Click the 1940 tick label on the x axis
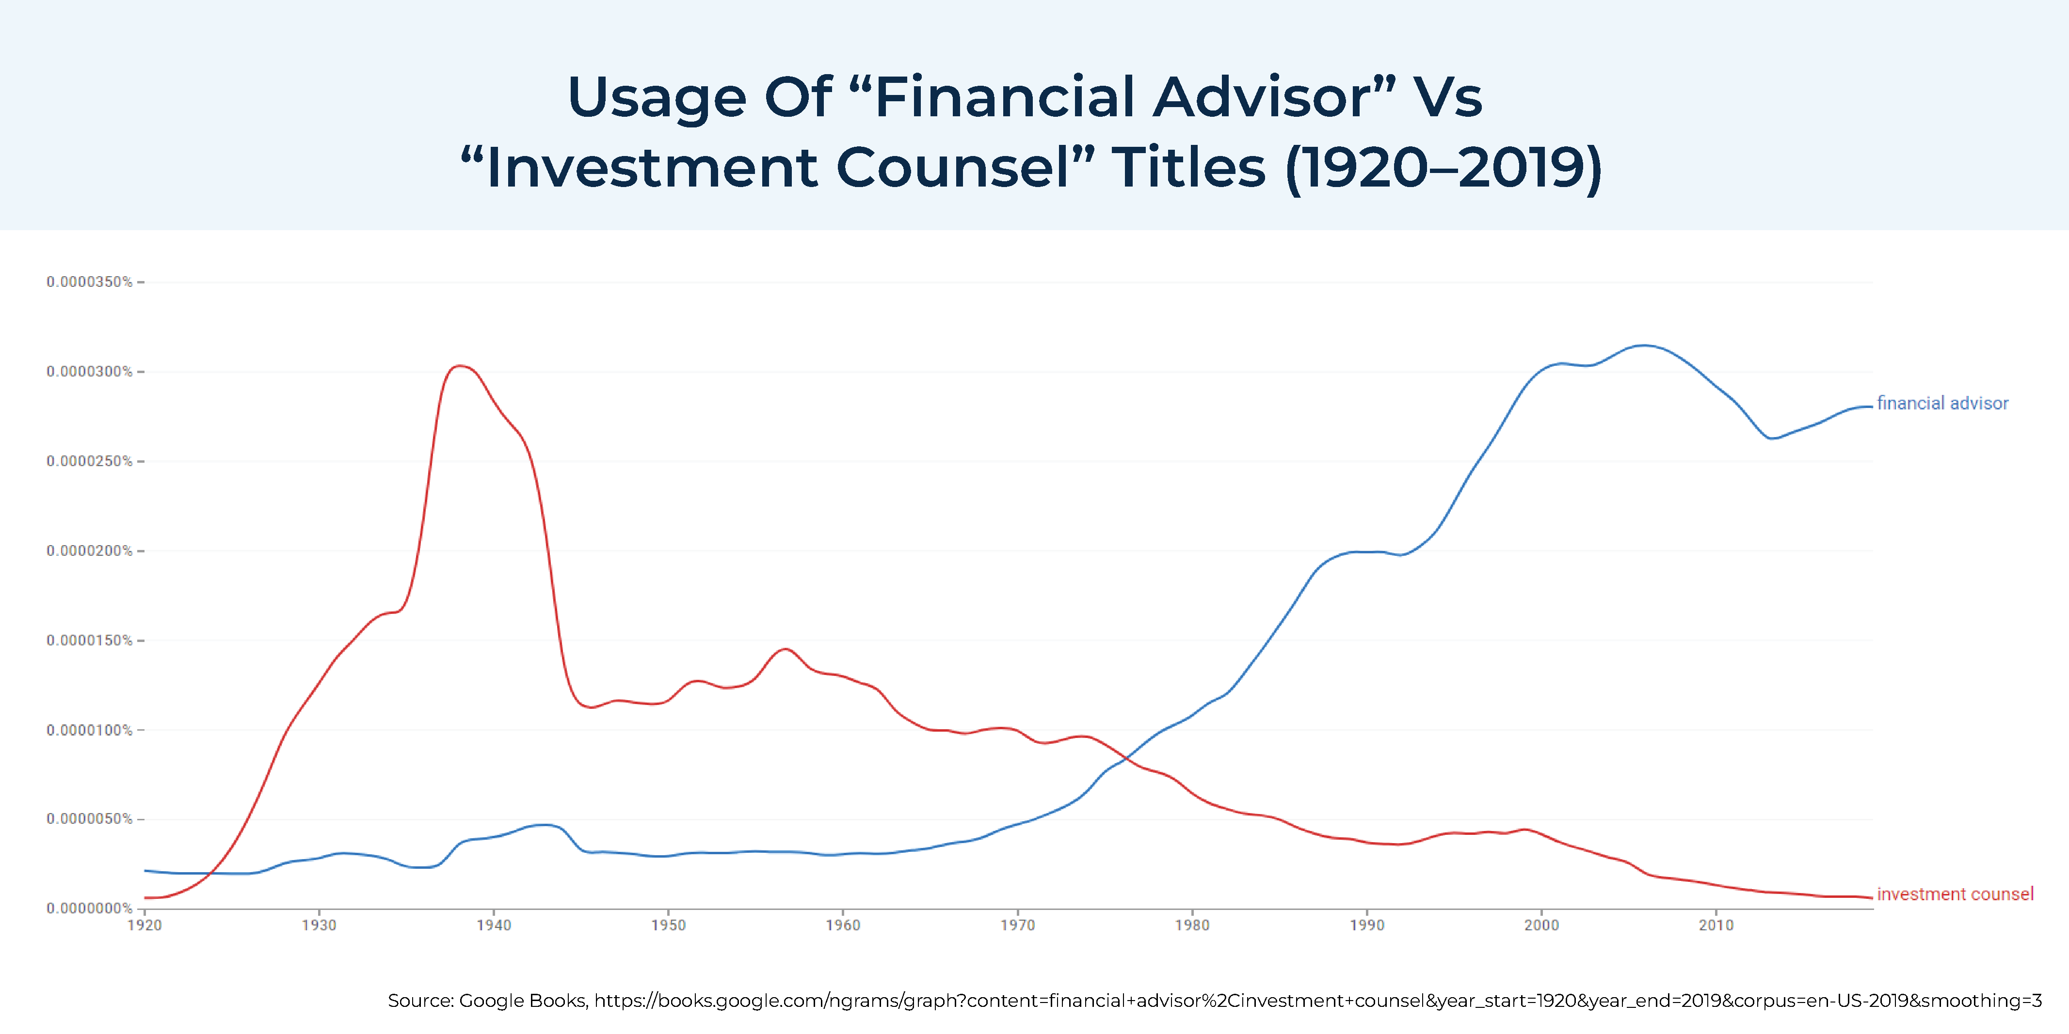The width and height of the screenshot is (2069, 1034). tap(493, 925)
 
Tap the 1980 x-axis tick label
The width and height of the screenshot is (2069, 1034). tap(1192, 925)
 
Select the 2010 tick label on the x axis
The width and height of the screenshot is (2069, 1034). tap(1716, 925)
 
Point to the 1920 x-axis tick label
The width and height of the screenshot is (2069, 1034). tap(144, 925)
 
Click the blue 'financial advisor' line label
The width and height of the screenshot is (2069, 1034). tap(1942, 403)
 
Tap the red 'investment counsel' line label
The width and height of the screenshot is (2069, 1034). tap(1955, 894)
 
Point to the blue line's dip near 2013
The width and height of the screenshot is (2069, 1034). tap(1772, 439)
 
